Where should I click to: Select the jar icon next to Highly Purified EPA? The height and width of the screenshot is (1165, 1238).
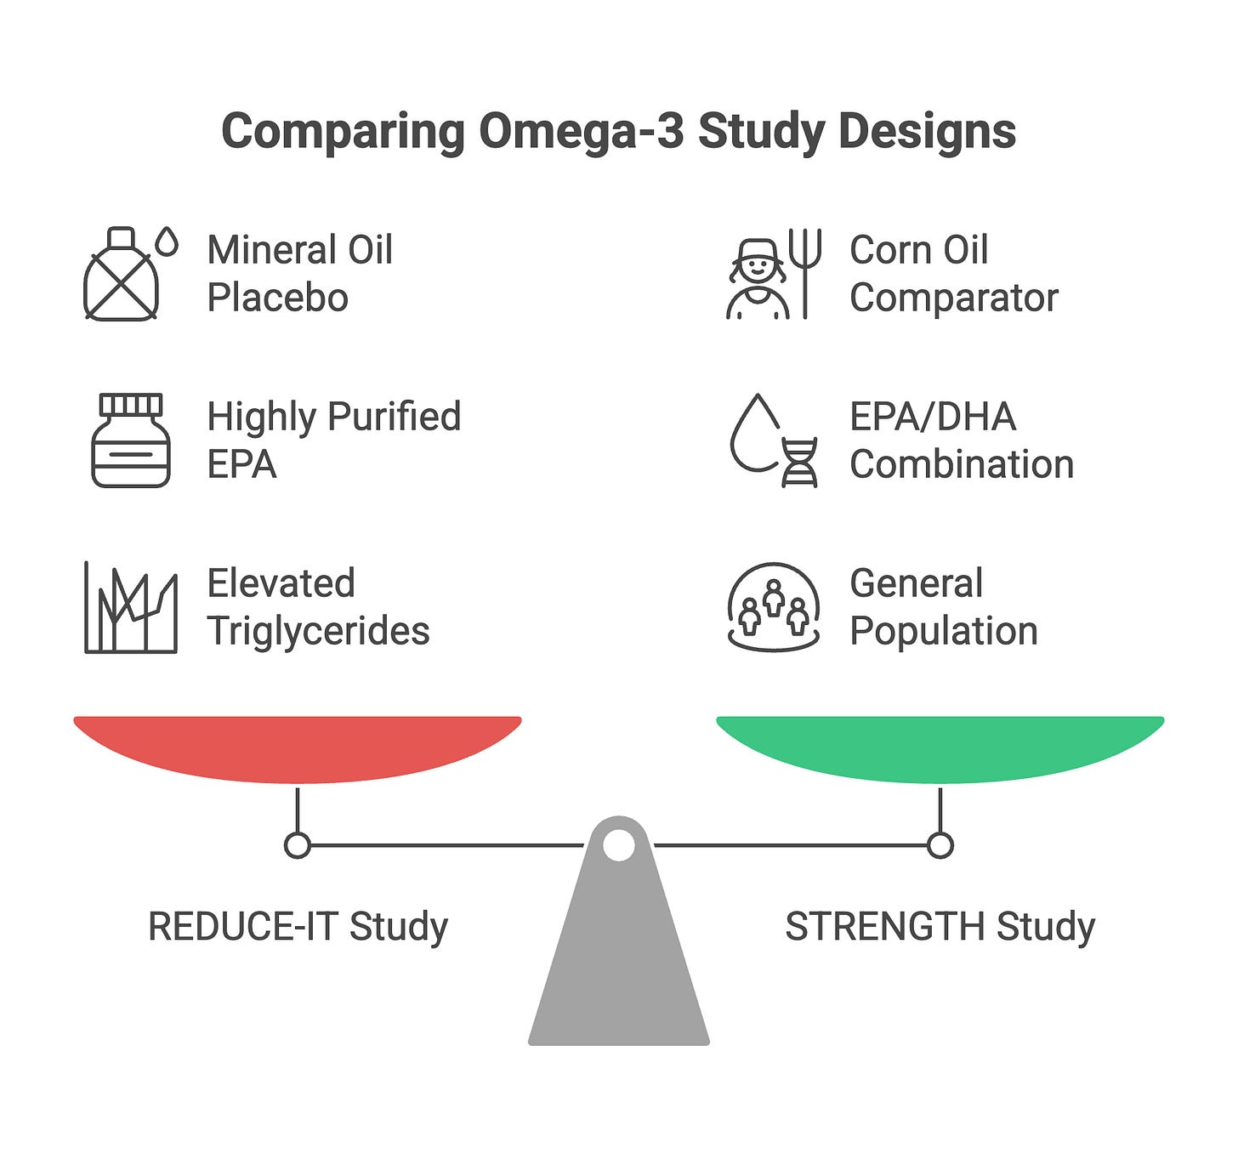coord(130,440)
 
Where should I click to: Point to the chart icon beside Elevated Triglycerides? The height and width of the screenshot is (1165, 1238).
coord(131,607)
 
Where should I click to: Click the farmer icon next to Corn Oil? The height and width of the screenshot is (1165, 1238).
coord(756,276)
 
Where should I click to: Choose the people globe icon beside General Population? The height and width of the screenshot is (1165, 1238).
coord(774,607)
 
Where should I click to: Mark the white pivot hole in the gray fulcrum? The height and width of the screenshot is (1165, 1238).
coord(619,845)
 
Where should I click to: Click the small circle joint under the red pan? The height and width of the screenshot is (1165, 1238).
coord(298,845)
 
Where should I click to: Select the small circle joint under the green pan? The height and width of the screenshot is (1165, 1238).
coord(940,845)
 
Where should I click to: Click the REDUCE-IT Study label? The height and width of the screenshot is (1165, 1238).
coord(298,926)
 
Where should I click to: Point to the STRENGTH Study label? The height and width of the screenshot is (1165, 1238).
coord(940,926)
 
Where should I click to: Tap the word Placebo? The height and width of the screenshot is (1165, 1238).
coord(277,298)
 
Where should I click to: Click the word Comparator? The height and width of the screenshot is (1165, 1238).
coord(953,298)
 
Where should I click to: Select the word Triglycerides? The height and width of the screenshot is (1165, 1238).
coord(318,632)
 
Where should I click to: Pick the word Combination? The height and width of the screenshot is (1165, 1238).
coord(962,465)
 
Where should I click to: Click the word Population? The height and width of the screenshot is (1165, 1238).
coord(944,632)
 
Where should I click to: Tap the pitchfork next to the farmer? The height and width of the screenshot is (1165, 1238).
coord(805,272)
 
